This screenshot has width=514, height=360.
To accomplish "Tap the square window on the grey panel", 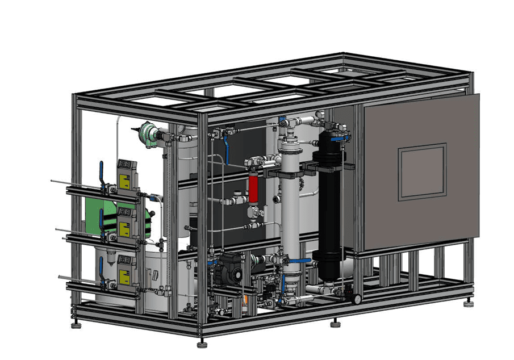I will tap(422, 172).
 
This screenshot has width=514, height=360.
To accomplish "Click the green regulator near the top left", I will tap(149, 135).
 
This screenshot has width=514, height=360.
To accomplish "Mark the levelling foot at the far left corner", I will tap(76, 325).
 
